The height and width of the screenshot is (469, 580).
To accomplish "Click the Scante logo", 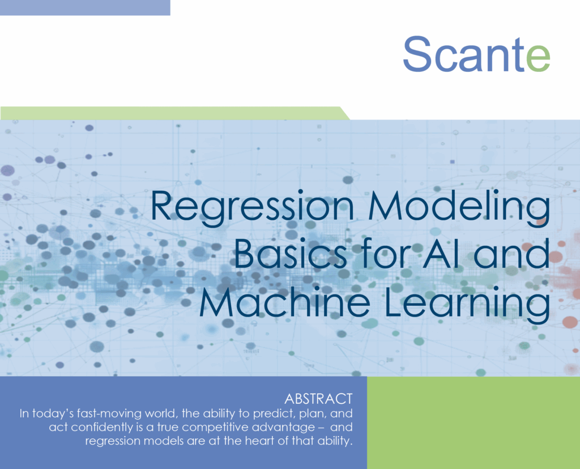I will click(x=476, y=54).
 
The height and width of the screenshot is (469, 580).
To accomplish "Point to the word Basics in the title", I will click(x=290, y=255).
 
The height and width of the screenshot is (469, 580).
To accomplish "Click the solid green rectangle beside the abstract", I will click(x=473, y=422).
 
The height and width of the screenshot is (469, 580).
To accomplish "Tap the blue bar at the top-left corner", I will click(x=85, y=7).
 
